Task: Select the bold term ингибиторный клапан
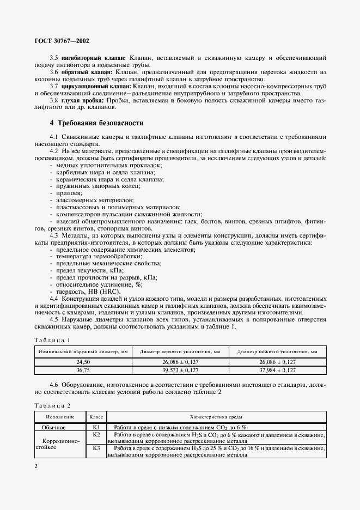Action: click(93, 57)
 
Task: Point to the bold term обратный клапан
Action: click(87, 72)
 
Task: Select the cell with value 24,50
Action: click(83, 362)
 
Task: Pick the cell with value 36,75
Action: click(83, 370)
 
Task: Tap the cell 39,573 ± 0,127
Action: click(180, 370)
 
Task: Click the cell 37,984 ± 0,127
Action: click(277, 370)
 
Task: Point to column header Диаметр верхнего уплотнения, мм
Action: click(180, 352)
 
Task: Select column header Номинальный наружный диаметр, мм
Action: click(83, 352)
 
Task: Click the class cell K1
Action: click(96, 427)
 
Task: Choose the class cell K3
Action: click(96, 448)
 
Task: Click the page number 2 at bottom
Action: click(35, 466)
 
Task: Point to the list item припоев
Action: click(68, 193)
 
